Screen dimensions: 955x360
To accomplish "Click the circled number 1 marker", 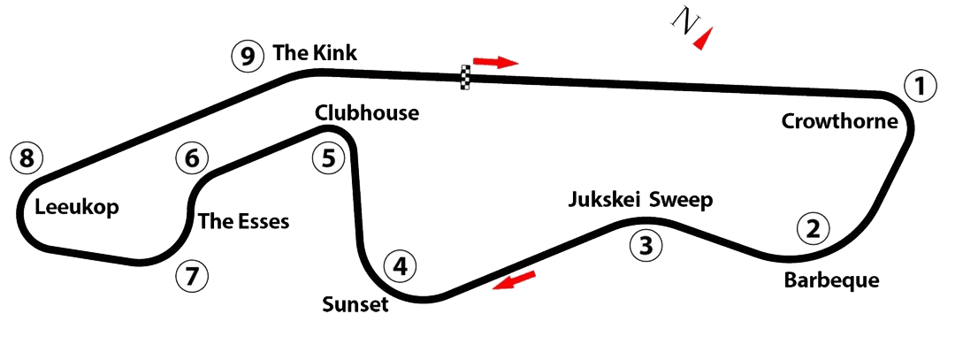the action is [x=920, y=87].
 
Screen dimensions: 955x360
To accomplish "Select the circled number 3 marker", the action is [x=646, y=246].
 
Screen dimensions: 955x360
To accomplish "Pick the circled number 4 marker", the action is [x=401, y=267].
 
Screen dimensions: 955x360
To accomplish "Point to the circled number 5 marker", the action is [x=328, y=159].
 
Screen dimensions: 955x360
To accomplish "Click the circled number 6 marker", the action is [x=192, y=159].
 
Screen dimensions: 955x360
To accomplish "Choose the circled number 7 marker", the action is [x=192, y=277].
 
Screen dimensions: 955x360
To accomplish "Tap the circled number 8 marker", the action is [x=27, y=159].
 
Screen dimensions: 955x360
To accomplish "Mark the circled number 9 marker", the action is [x=247, y=57].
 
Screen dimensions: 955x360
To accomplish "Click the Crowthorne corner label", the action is [x=840, y=122].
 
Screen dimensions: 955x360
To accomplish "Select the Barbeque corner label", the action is [x=831, y=280].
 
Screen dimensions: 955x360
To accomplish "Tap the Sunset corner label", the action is [x=355, y=304].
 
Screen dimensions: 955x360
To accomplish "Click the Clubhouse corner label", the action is [x=367, y=113].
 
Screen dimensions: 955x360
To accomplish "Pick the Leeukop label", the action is [x=77, y=208].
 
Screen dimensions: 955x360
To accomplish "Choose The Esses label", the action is [x=244, y=222].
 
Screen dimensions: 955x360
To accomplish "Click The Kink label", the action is [x=314, y=53].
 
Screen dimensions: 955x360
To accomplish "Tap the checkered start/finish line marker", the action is [x=466, y=77].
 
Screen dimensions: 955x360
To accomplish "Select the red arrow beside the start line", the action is [x=496, y=62].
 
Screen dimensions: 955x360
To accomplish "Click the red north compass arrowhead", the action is [x=704, y=39].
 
